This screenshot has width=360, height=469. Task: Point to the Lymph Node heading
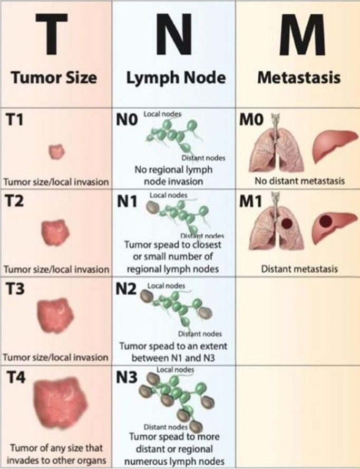tap(176, 78)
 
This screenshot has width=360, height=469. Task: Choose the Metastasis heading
tap(298, 78)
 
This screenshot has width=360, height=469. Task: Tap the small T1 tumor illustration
tap(56, 152)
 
